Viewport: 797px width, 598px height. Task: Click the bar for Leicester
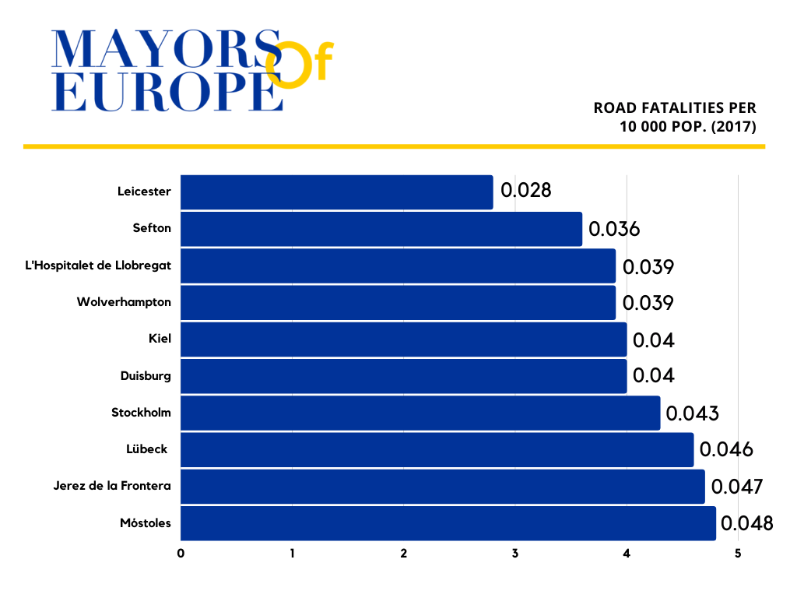point(336,192)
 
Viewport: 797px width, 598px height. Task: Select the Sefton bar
point(381,229)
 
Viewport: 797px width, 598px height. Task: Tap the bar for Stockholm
point(420,413)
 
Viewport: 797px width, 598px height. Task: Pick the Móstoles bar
point(448,523)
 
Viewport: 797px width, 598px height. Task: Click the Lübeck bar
point(437,449)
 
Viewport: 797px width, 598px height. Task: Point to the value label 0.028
point(526,191)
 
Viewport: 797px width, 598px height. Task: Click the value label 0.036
point(614,229)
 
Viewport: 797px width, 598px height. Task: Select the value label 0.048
point(747,523)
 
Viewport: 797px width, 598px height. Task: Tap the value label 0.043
point(692,413)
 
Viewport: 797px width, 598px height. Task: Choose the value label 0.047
point(736,487)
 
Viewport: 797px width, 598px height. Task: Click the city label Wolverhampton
point(124,302)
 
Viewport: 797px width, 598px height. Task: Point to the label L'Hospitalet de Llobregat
point(98,266)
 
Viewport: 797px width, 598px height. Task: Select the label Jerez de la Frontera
point(112,487)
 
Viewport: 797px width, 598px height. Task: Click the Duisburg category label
point(146,376)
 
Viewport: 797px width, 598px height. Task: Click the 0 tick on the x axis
point(181,554)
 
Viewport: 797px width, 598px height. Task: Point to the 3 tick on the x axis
point(515,554)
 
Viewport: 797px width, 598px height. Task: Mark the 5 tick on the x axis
point(738,554)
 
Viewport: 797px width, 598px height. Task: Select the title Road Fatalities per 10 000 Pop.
point(675,117)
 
